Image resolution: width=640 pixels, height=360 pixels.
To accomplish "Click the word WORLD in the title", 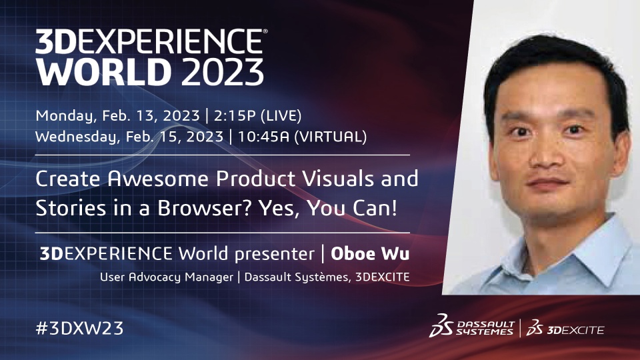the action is (x=103, y=72).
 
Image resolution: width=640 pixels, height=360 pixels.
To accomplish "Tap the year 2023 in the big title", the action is (x=223, y=72).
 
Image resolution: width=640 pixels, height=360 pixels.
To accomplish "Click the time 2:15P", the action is (x=235, y=116).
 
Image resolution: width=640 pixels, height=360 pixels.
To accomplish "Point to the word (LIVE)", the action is (x=281, y=116).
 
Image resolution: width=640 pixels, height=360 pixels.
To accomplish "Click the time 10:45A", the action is (x=264, y=137).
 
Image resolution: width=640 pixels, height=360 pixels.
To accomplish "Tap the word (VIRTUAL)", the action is (x=331, y=137).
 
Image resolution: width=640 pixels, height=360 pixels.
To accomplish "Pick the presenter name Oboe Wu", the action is (x=370, y=253).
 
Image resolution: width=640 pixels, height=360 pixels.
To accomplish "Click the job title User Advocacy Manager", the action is (x=167, y=277).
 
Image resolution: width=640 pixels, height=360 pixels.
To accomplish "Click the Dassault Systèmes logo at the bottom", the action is (x=471, y=327).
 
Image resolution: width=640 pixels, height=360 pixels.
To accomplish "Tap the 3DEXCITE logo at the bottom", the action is (x=565, y=328).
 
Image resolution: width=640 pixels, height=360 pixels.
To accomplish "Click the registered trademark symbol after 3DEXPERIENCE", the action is (x=265, y=31).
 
